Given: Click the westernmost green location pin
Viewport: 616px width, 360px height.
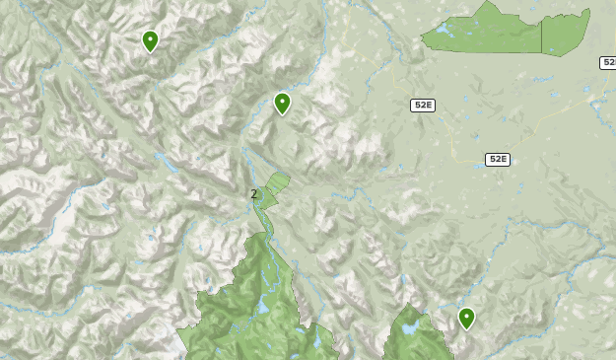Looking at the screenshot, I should pyautogui.click(x=150, y=41).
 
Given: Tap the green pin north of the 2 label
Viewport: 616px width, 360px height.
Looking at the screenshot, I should pyautogui.click(x=283, y=103).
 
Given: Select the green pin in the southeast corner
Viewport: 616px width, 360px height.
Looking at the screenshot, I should pyautogui.click(x=466, y=318).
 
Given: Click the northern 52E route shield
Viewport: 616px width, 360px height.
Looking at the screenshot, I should pyautogui.click(x=423, y=106).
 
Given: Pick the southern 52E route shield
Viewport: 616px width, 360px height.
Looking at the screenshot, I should pyautogui.click(x=497, y=159).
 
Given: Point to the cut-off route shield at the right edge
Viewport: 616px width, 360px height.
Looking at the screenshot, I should pyautogui.click(x=608, y=63).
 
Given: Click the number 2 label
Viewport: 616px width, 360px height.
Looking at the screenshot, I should pyautogui.click(x=253, y=193).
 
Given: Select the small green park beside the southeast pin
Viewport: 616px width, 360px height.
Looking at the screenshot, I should pyautogui.click(x=414, y=335).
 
